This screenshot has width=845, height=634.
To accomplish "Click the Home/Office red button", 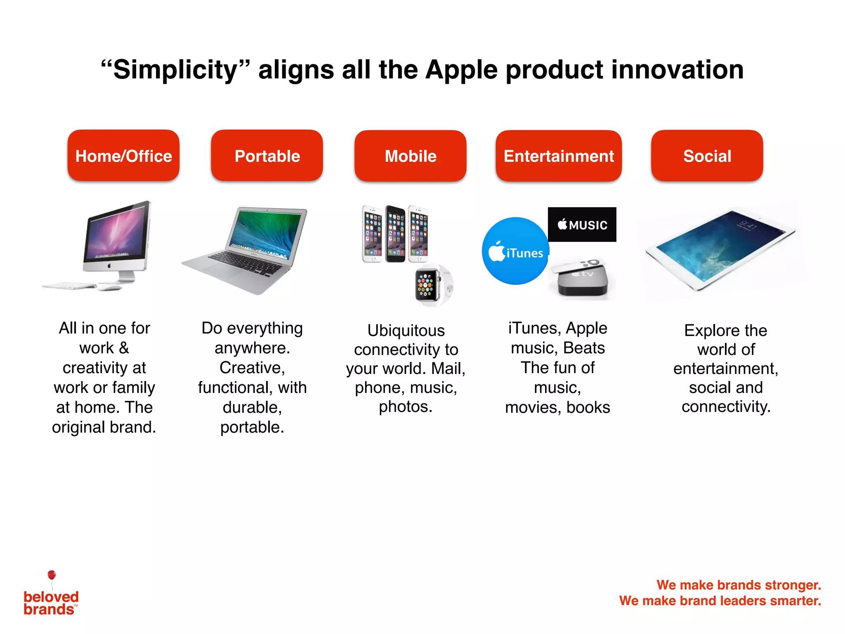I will [x=123, y=156].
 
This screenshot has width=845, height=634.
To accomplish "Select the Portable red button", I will [x=267, y=156].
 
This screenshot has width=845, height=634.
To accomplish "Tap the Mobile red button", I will [x=410, y=156].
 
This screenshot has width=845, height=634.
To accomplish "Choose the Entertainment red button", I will [x=559, y=156].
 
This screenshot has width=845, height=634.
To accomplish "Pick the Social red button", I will [x=707, y=156].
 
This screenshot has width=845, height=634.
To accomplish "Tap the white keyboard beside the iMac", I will [x=68, y=286].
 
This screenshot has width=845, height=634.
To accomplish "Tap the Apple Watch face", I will [x=427, y=285].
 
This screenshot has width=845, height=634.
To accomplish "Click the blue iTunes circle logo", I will [x=515, y=251].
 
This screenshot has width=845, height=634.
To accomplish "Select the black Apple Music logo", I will [x=582, y=225].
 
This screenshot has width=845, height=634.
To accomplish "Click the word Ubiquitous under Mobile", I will [x=406, y=331].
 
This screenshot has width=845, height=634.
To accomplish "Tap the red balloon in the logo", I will [x=52, y=575].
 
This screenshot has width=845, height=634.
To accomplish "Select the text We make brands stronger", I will [x=739, y=585].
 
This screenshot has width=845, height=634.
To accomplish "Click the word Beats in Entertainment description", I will [x=584, y=348].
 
